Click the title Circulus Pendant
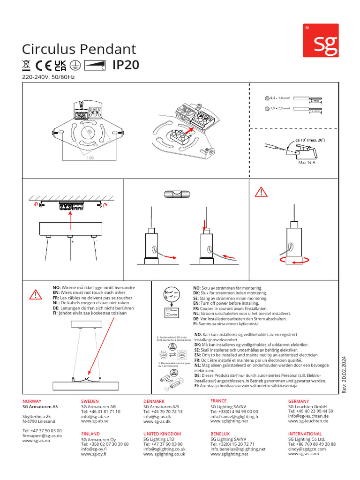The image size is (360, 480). [x=79, y=49]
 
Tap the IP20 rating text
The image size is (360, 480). [x=126, y=65]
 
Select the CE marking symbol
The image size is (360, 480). [x=43, y=66]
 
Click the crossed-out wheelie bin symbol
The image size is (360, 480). [x=27, y=66]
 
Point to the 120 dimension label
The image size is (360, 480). [x=90, y=158]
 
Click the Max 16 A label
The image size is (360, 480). [x=307, y=163]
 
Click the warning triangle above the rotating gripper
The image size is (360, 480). [x=261, y=191]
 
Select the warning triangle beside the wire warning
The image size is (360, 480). [x=36, y=294]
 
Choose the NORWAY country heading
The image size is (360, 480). [x=32, y=401]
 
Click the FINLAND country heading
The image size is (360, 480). [x=91, y=434]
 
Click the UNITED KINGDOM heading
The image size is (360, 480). [x=162, y=434]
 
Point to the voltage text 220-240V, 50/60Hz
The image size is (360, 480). [x=49, y=77]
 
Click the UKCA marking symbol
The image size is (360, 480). [x=60, y=66]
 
